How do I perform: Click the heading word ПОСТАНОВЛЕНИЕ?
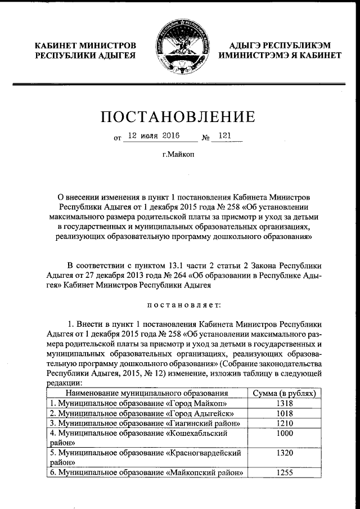coord(179,118)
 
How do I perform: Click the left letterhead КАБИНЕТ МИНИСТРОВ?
coord(84,46)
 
